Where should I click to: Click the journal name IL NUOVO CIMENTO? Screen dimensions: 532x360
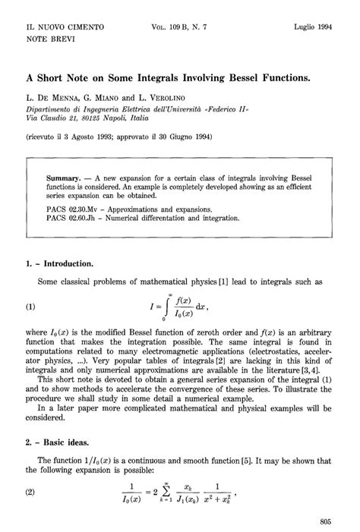click(x=64, y=27)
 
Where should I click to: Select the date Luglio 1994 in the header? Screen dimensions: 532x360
click(x=317, y=27)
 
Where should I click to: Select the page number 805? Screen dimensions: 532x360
click(x=327, y=521)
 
